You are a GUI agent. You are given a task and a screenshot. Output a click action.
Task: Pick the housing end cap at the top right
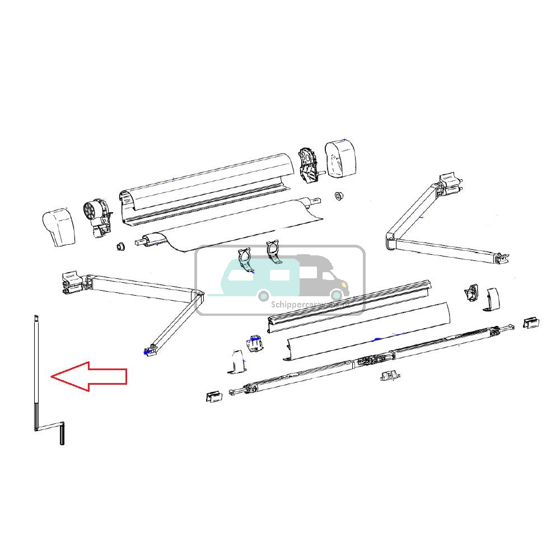[x=340, y=158]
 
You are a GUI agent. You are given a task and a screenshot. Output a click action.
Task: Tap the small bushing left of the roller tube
[x=119, y=247]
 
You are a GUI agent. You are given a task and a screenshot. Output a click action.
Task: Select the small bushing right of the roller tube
[x=339, y=195]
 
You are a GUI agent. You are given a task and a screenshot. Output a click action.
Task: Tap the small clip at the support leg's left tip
[x=212, y=396]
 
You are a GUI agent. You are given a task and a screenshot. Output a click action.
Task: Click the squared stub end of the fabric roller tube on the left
[x=139, y=242]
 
